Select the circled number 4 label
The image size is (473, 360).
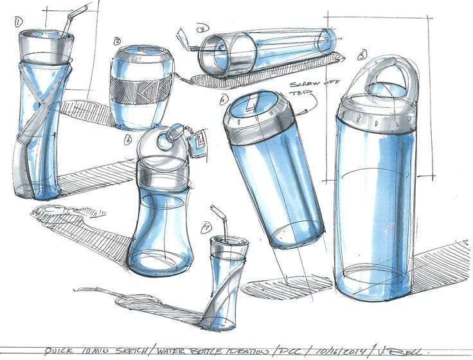tap(224, 100)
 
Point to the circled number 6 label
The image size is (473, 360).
tap(129, 138)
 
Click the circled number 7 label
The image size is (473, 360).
tap(206, 226)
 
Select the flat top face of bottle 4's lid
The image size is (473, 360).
tap(254, 106)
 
